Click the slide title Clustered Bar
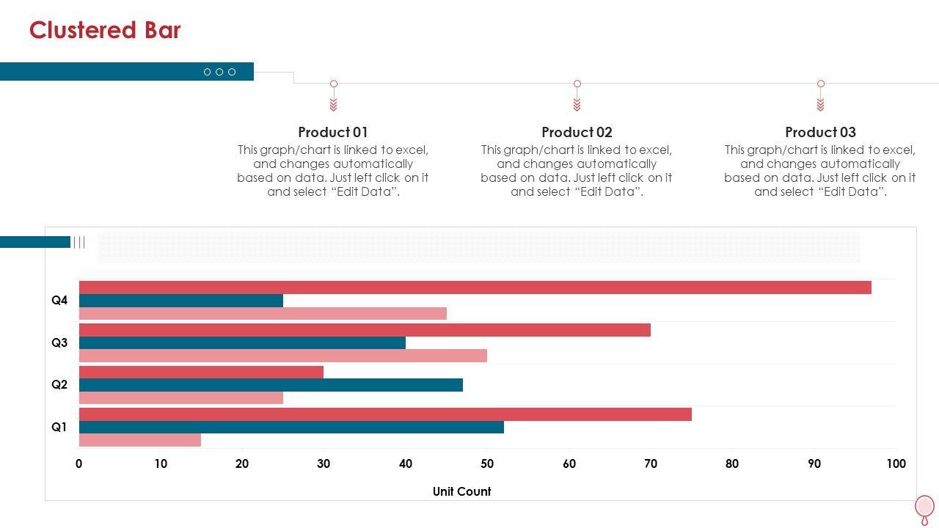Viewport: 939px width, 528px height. click(105, 30)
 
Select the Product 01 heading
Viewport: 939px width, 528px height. click(333, 132)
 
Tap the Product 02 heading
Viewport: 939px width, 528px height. click(577, 132)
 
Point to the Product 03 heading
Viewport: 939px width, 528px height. click(820, 132)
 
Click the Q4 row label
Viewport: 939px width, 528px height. click(59, 300)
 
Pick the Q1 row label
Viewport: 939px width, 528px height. click(59, 427)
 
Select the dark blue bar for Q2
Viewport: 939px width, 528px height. click(271, 385)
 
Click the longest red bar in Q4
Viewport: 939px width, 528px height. click(475, 287)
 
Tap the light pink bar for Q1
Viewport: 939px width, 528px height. click(140, 440)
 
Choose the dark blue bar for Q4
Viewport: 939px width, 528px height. click(181, 301)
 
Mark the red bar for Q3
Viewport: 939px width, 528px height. click(365, 330)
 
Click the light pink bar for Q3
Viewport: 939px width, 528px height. click(283, 356)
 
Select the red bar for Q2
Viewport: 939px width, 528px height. click(201, 372)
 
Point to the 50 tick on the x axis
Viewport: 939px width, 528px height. click(487, 463)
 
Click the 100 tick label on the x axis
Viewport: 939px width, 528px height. click(896, 463)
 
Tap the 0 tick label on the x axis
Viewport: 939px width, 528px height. click(79, 463)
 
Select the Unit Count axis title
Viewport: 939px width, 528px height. click(461, 491)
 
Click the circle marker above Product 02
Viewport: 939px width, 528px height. click(577, 84)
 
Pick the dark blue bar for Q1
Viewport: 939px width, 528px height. click(291, 427)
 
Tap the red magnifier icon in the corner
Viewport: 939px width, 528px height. click(924, 507)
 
